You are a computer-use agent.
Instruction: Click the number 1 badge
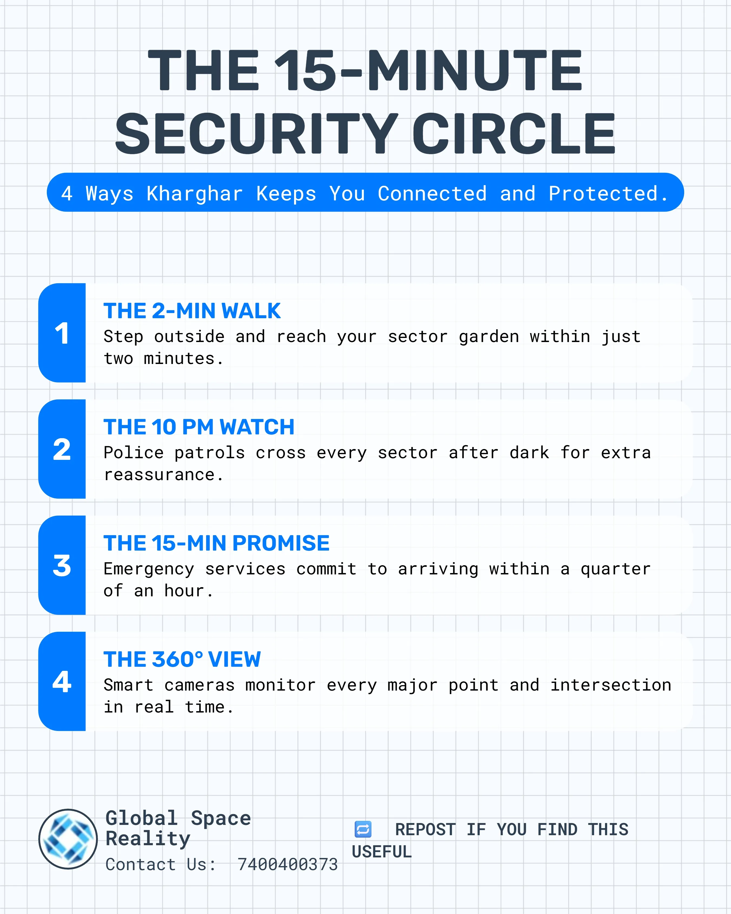click(62, 333)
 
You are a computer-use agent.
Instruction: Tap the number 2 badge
click(62, 449)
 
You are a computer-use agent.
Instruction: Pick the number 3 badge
click(62, 565)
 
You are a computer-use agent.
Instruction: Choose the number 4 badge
click(62, 681)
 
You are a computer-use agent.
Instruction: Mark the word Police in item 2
click(133, 453)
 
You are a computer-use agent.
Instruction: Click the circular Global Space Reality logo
click(68, 839)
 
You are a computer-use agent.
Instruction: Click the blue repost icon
click(363, 829)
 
